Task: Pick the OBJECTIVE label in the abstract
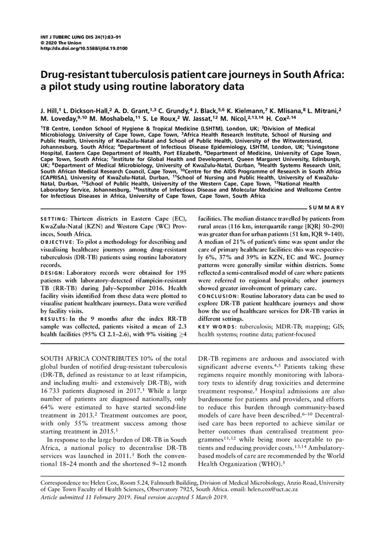point(58,241)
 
